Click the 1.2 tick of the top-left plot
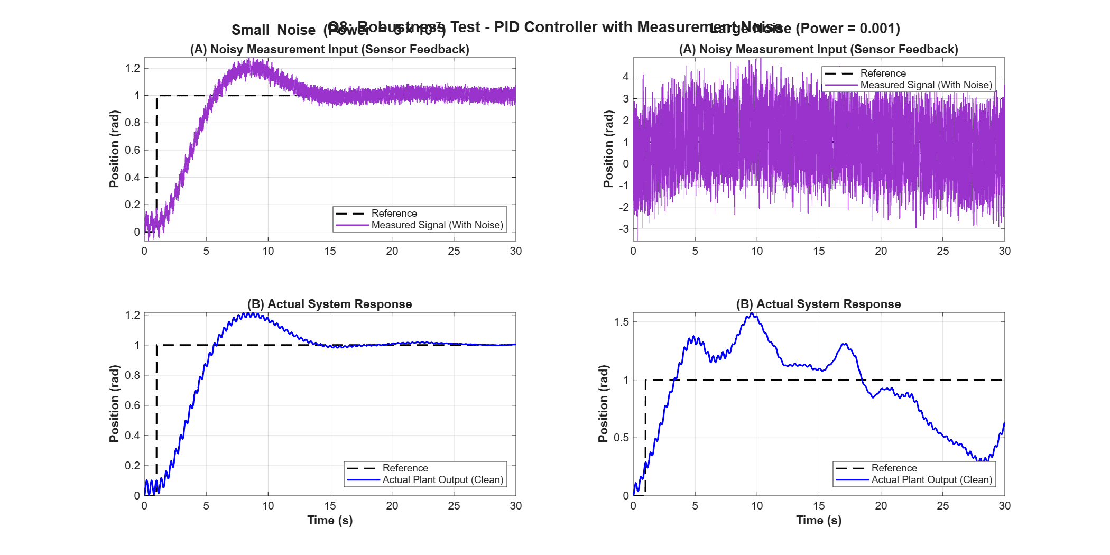pyautogui.click(x=132, y=68)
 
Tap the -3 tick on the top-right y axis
pyautogui.click(x=625, y=229)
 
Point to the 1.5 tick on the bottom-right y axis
pyautogui.click(x=622, y=322)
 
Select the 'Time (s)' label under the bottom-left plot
pyautogui.click(x=330, y=521)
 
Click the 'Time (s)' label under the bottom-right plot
pyautogui.click(x=819, y=521)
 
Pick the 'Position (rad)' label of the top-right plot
pyautogui.click(x=608, y=149)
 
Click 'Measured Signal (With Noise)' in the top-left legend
pyautogui.click(x=437, y=225)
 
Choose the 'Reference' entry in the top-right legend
pyautogui.click(x=883, y=73)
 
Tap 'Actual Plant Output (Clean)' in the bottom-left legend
pyautogui.click(x=442, y=480)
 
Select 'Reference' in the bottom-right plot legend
pyautogui.click(x=894, y=468)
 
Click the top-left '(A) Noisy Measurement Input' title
pyautogui.click(x=330, y=50)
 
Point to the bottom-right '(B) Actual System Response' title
pyautogui.click(x=818, y=304)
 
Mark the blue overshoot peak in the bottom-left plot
pyautogui.click(x=252, y=314)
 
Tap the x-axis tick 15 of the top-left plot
pyautogui.click(x=330, y=251)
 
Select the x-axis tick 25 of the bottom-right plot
pyautogui.click(x=942, y=506)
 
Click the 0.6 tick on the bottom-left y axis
pyautogui.click(x=132, y=405)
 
